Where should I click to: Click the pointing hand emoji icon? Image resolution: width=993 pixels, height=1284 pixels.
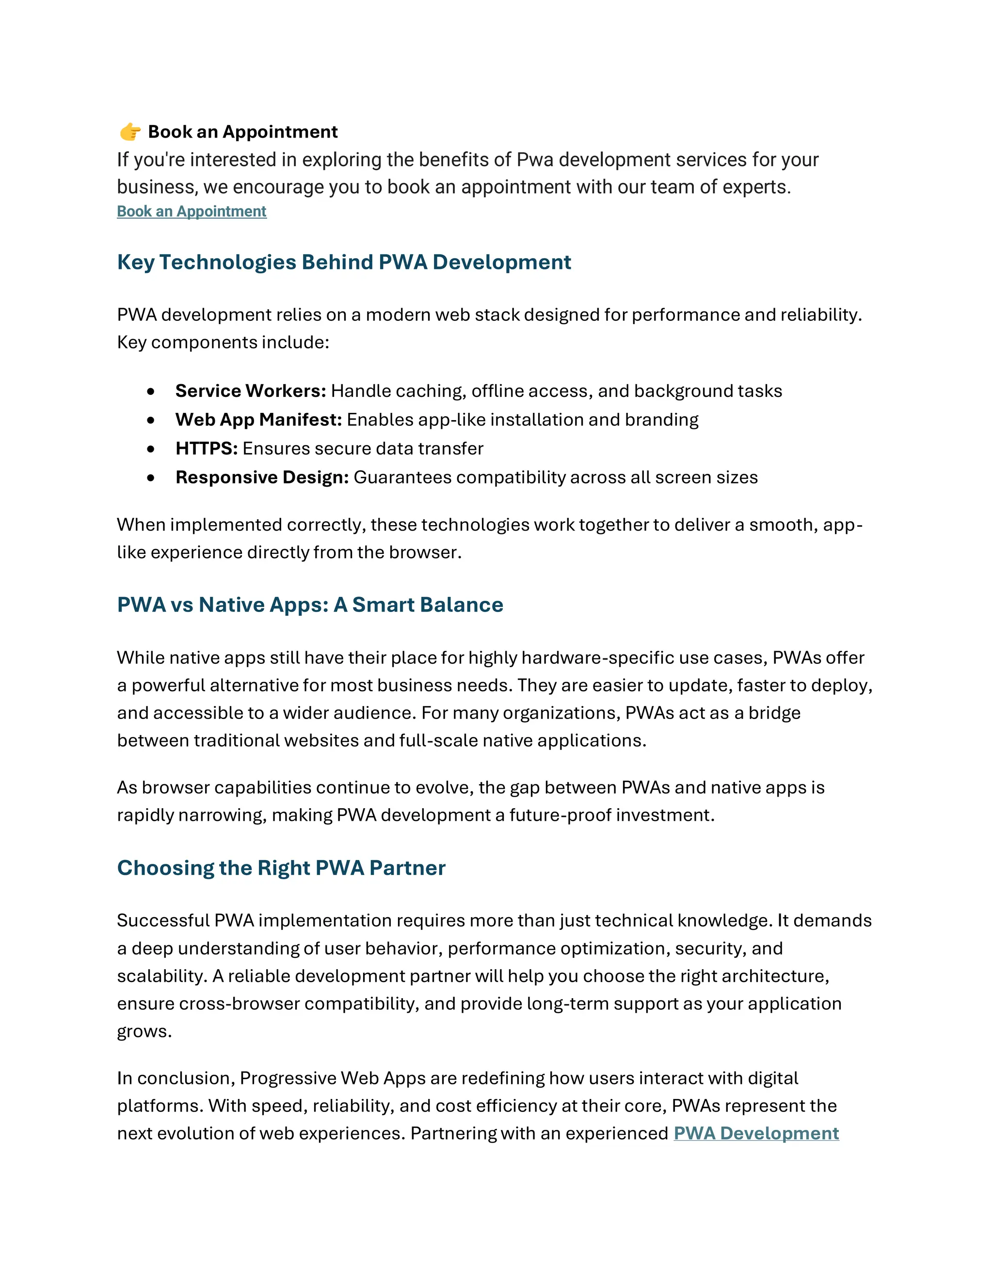[130, 132]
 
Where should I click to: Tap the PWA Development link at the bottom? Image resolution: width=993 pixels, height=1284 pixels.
[755, 1133]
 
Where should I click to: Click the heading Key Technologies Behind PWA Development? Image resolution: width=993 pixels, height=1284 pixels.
[344, 262]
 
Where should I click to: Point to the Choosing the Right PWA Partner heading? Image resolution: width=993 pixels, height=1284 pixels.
[281, 868]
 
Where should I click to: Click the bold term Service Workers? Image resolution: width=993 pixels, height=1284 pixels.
[251, 391]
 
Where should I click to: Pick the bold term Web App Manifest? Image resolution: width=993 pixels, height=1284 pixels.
[258, 420]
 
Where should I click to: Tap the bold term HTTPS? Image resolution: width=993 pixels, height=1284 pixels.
[207, 449]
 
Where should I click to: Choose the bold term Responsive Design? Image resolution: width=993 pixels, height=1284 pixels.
[262, 477]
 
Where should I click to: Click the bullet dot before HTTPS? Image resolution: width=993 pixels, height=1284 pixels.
[151, 449]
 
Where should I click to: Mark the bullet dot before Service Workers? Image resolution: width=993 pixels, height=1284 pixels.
[151, 391]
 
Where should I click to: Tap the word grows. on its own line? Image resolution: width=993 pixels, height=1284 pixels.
[144, 1032]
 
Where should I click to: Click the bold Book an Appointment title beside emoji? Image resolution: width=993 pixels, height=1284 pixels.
[242, 132]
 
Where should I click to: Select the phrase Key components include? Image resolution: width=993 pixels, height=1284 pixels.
[223, 342]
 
